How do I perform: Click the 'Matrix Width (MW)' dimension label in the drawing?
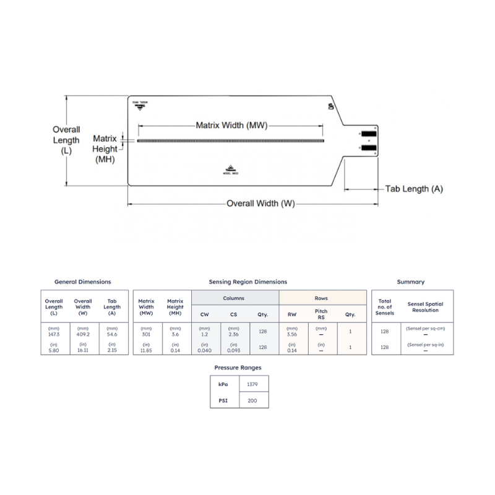click(231, 125)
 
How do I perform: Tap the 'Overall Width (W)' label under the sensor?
click(260, 204)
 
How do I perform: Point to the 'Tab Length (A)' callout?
click(414, 189)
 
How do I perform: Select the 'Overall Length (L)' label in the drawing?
click(66, 140)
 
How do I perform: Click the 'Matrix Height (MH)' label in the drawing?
click(105, 149)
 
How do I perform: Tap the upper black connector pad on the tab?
click(368, 134)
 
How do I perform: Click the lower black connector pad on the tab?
click(368, 148)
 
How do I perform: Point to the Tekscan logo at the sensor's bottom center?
click(231, 170)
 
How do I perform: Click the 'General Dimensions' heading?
click(83, 282)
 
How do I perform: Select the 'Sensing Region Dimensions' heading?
click(247, 282)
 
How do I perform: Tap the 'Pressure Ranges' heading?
click(238, 368)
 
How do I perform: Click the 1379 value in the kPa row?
click(252, 384)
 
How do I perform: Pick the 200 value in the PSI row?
click(252, 400)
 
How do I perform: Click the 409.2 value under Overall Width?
click(83, 334)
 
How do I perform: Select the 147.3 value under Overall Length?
click(54, 334)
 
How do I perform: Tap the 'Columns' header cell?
click(233, 298)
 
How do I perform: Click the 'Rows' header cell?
click(321, 298)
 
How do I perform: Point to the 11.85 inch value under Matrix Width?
click(146, 350)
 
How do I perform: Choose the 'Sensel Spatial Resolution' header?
click(425, 307)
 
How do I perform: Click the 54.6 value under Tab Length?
click(112, 334)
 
